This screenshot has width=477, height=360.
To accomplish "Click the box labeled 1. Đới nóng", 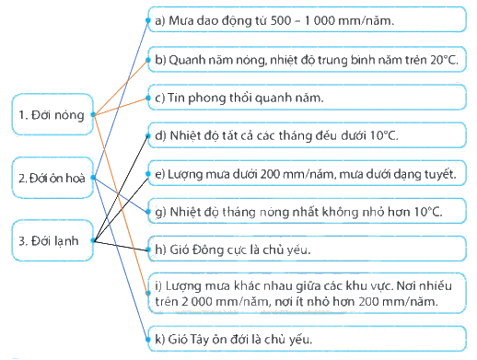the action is coord(52,114).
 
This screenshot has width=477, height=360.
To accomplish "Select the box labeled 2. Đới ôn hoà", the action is coord(52,178).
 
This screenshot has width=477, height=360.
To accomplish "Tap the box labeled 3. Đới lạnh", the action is coord(52,240).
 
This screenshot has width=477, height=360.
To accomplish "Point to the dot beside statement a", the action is coord(148,20).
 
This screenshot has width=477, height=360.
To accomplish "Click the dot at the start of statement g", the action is coord(148,212).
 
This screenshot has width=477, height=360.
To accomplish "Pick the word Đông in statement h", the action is coord(204,250).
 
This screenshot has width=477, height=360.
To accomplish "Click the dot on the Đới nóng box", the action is coord(93,115).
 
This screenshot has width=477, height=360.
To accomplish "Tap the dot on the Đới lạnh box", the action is coord(93,240).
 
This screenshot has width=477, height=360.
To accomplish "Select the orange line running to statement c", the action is coord(121,106).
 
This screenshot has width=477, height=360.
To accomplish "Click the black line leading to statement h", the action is coord(121,246).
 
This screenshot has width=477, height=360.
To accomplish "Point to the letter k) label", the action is coord(160,340).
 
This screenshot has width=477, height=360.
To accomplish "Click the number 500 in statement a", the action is coord(281,20).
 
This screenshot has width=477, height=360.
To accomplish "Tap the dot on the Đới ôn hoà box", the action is coord(93,178).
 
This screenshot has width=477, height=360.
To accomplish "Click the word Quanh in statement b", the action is coord(187,60).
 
